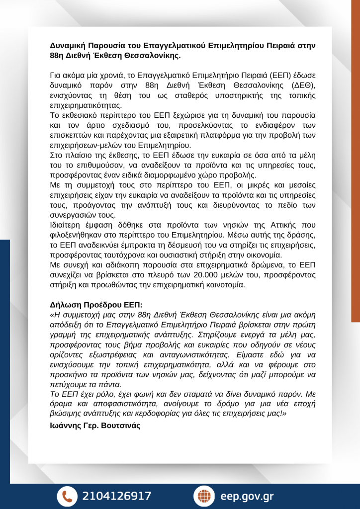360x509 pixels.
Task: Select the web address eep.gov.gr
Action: [247, 496]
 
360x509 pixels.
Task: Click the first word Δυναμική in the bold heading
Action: [70, 45]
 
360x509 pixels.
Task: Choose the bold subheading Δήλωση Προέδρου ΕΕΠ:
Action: [95, 305]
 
